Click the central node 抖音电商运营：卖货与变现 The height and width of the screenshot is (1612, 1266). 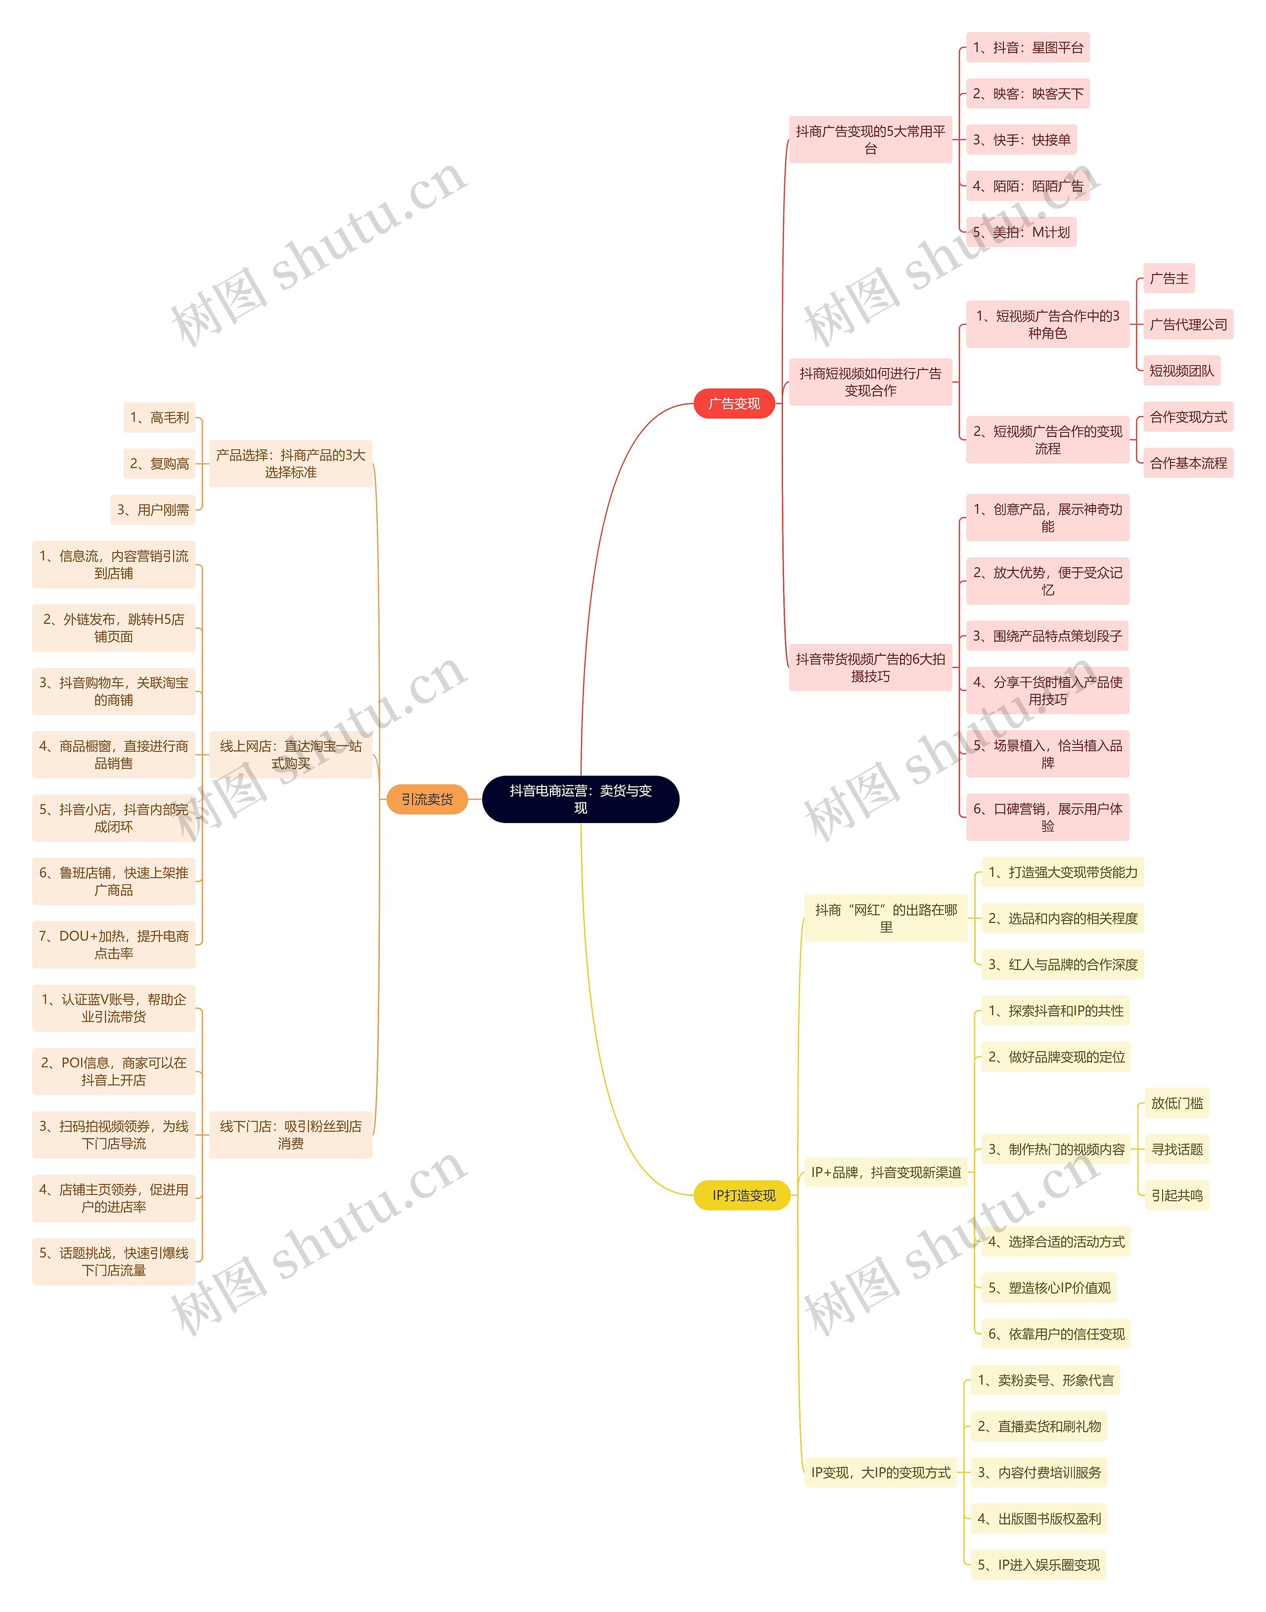[x=581, y=799]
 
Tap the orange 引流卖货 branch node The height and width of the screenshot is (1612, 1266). [x=427, y=799]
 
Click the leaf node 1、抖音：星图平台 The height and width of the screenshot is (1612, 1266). [x=1027, y=48]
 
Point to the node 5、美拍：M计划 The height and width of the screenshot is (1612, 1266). [x=1021, y=232]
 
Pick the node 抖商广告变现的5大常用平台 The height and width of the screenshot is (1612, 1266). [x=870, y=139]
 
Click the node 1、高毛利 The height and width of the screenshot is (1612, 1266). [x=159, y=418]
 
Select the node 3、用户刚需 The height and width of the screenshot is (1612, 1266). [x=153, y=510]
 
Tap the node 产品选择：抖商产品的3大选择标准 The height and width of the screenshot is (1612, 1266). [x=291, y=464]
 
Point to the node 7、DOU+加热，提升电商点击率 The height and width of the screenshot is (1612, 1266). [x=113, y=944]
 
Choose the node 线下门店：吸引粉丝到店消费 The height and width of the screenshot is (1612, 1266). [x=291, y=1135]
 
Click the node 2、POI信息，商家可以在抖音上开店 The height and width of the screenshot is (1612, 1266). [x=113, y=1071]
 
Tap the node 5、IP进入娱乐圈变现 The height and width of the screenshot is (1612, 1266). [x=1038, y=1565]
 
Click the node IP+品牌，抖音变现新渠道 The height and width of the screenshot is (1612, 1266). [x=886, y=1172]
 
